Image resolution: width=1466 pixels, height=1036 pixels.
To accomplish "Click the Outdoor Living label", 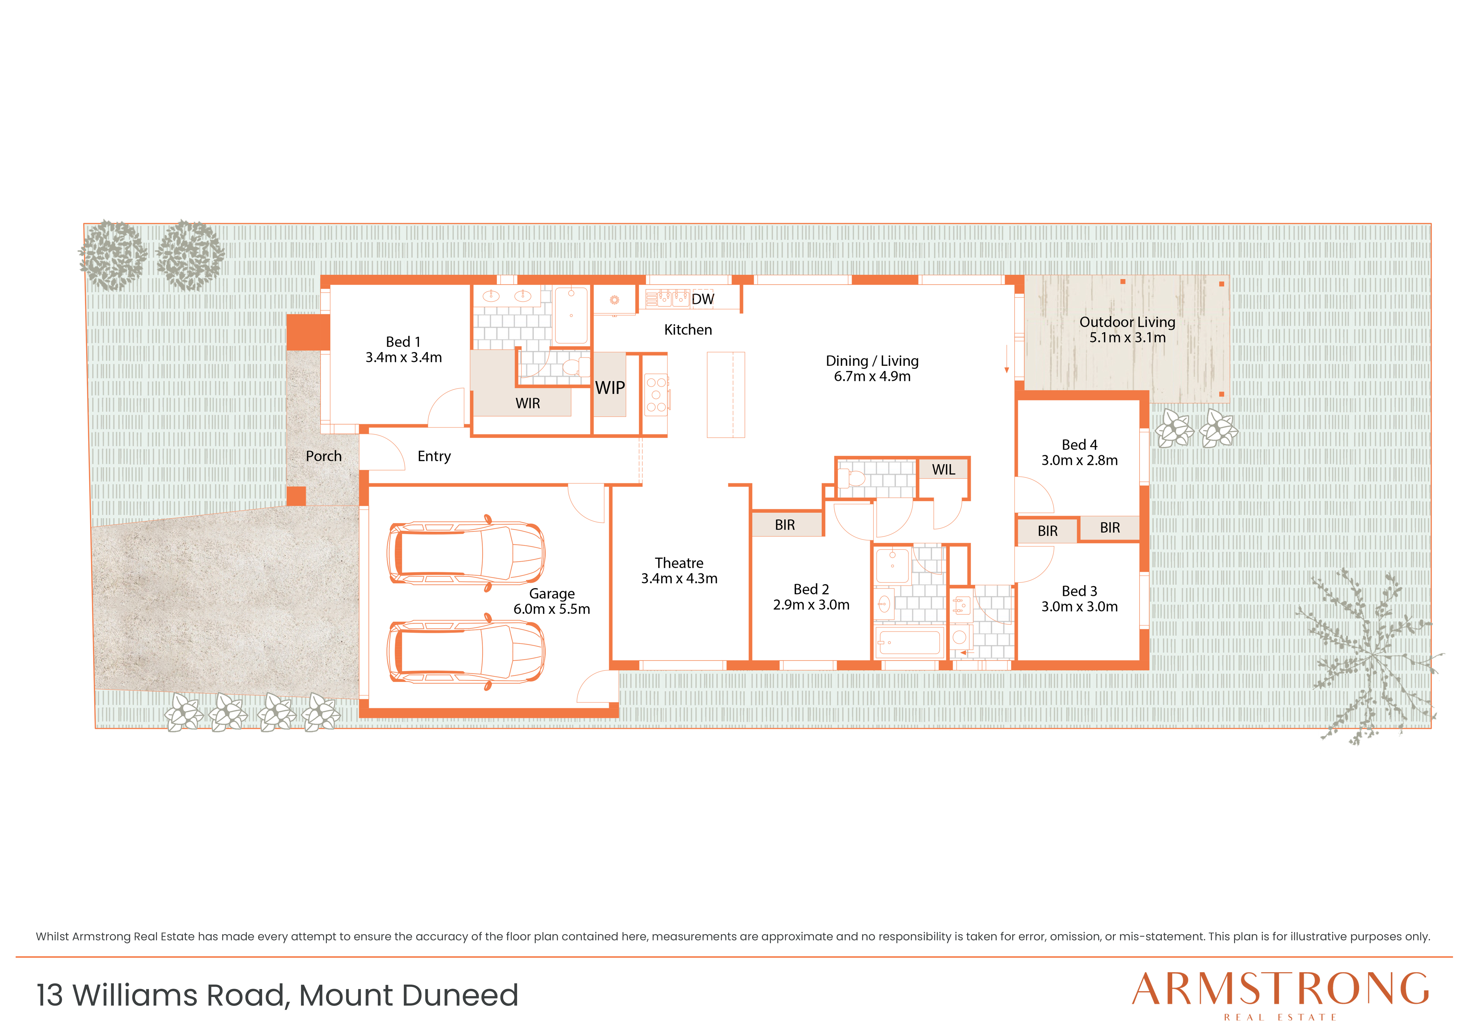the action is click(x=1127, y=322).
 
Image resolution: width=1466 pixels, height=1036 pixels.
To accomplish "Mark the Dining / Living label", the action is click(x=872, y=361).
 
